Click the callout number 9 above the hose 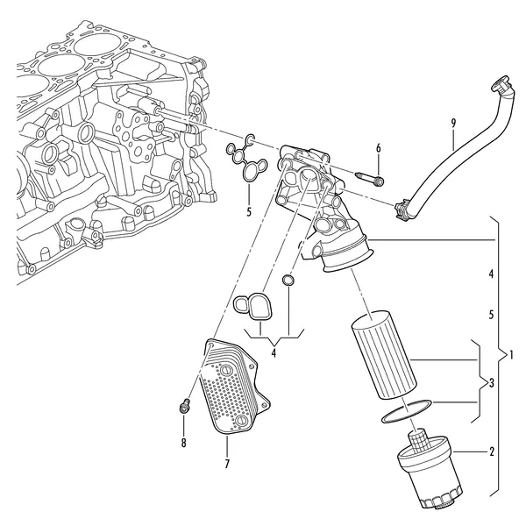pos(453,123)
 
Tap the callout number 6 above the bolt pos(379,148)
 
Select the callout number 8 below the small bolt pos(183,443)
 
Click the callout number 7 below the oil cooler pos(227,464)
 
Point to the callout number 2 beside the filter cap pos(492,451)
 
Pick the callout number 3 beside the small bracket pos(492,383)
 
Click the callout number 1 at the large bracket pos(511,354)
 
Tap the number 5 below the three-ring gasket pos(249,212)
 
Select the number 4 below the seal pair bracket pos(274,352)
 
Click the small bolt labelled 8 pos(184,407)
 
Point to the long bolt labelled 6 pos(369,179)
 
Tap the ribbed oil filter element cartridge pos(384,355)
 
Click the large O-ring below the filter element pos(407,411)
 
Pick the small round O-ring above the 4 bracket pos(288,281)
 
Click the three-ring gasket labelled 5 pos(247,159)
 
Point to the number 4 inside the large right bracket pos(491,274)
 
